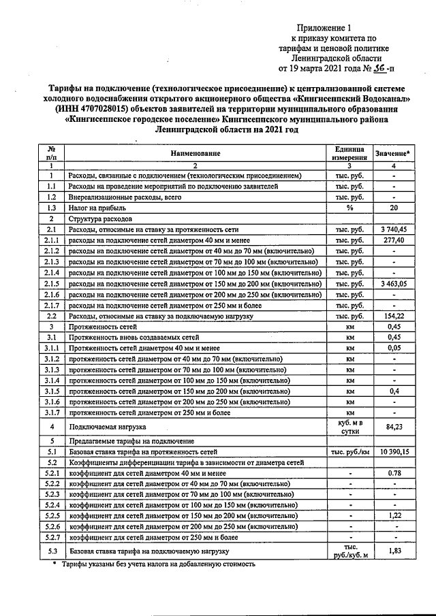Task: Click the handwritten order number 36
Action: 372,69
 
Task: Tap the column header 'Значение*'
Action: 393,155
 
